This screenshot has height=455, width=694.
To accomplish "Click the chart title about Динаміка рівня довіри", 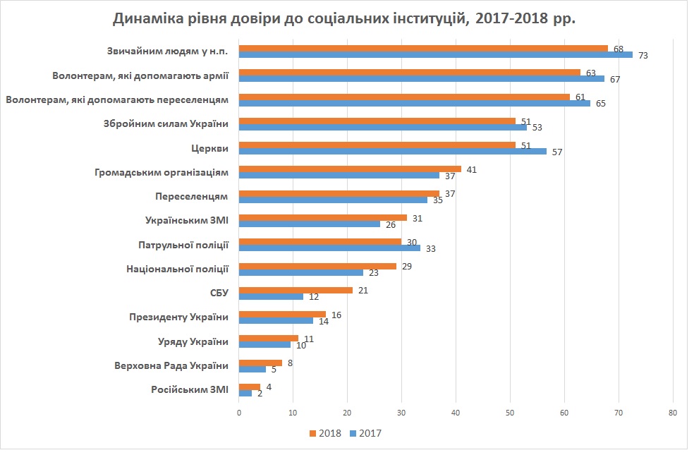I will click(x=345, y=18).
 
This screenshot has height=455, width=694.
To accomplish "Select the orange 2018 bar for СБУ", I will click(x=296, y=290).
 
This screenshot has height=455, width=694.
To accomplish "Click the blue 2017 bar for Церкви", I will click(x=393, y=151).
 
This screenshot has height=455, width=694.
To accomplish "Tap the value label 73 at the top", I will click(x=643, y=55).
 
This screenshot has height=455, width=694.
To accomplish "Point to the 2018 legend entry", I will click(x=325, y=433).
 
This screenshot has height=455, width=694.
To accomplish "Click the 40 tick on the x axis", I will click(x=456, y=412).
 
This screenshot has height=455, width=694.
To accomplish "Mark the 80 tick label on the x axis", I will click(x=672, y=412).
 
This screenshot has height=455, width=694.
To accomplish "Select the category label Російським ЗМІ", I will click(x=190, y=390).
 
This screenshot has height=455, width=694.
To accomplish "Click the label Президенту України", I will click(x=179, y=317).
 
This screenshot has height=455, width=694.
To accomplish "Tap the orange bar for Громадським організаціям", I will click(x=350, y=169).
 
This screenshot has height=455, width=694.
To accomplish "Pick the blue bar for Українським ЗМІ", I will click(x=310, y=224).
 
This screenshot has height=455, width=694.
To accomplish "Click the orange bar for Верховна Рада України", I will click(x=260, y=363).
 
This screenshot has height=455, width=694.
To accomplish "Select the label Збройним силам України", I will click(x=176, y=124).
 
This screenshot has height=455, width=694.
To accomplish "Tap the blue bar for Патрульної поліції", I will click(x=329, y=248).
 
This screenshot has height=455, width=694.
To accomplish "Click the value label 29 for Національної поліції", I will click(x=407, y=266).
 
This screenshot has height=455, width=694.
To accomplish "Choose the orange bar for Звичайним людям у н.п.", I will click(x=423, y=49).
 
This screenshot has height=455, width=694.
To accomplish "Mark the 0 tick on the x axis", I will click(x=239, y=412).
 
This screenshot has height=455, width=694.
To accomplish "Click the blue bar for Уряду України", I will click(x=265, y=345).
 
